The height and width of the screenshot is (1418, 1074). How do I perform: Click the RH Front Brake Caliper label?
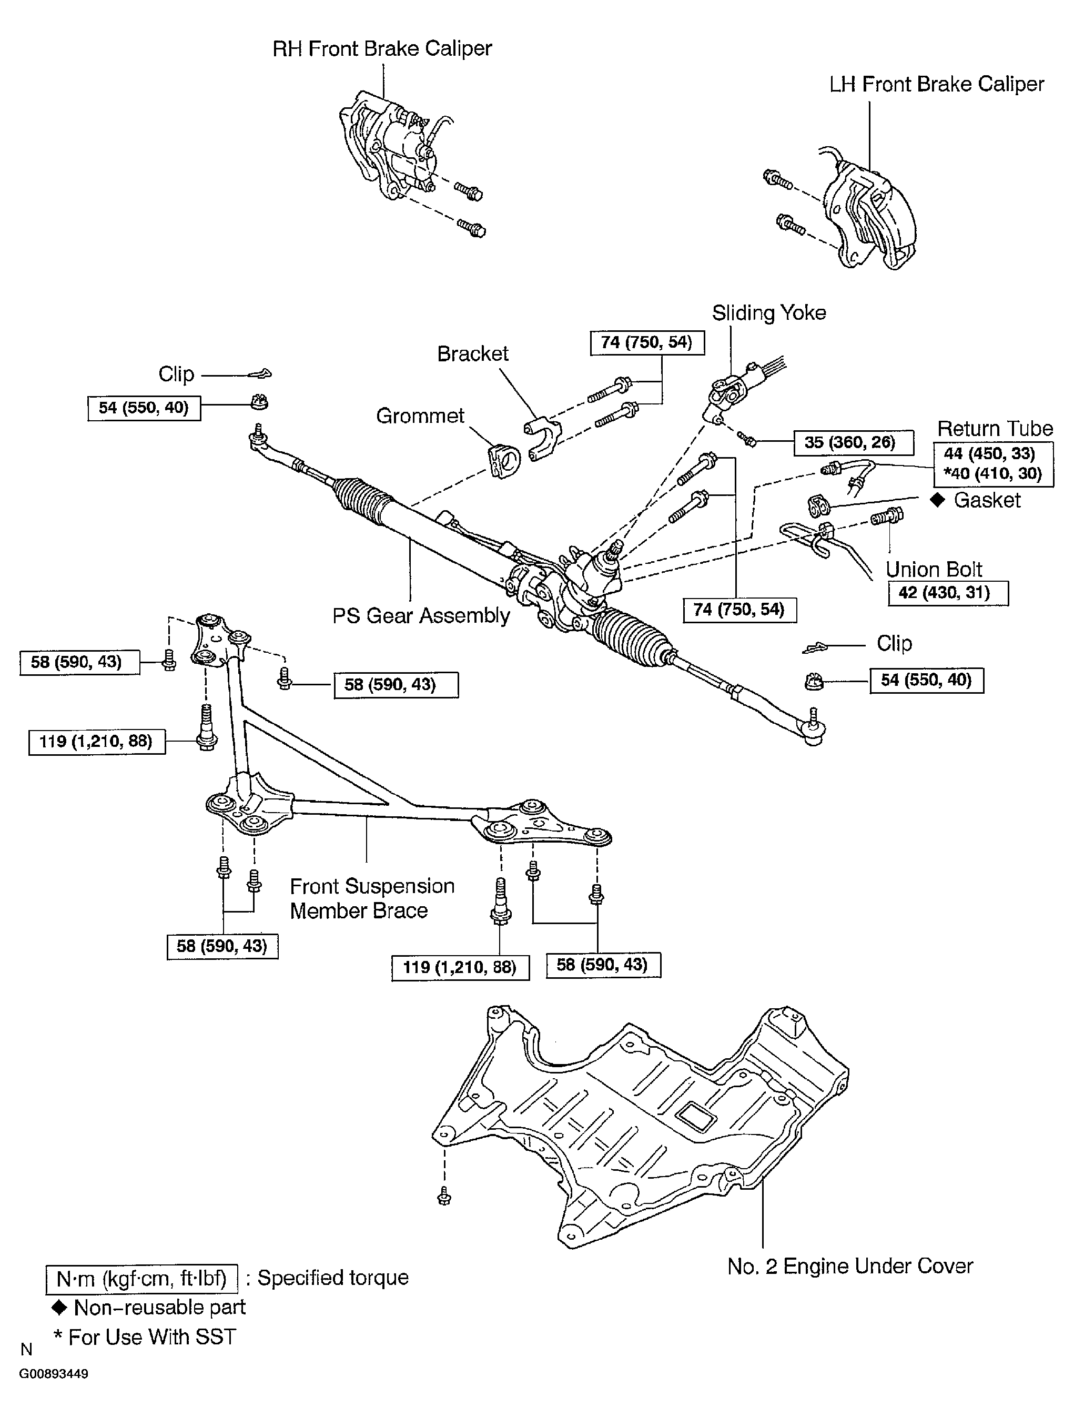[382, 49]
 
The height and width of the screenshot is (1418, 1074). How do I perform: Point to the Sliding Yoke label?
[769, 313]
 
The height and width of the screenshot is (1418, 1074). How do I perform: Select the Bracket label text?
[472, 354]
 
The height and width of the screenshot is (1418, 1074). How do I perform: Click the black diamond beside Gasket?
[937, 500]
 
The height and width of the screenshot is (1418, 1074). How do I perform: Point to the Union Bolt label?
[934, 569]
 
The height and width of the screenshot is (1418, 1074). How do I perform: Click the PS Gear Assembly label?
[421, 616]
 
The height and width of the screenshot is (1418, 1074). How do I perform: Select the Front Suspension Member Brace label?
[372, 898]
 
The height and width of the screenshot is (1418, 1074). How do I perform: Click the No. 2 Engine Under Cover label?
[849, 1267]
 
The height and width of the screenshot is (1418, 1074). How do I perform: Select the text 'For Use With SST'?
[152, 1337]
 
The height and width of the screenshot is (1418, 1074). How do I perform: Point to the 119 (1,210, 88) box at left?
[96, 742]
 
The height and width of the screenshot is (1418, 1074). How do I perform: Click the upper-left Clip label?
[176, 374]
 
